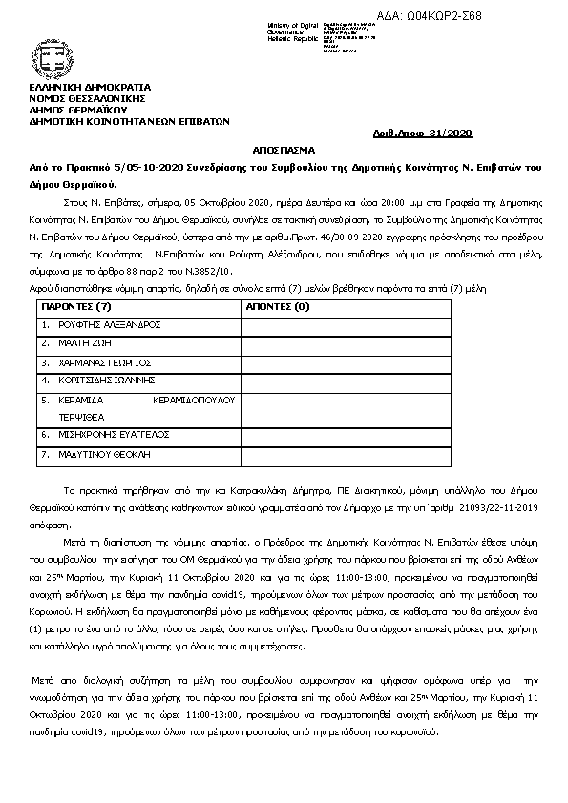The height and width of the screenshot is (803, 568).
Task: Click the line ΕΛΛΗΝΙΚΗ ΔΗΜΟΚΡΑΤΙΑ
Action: click(84, 88)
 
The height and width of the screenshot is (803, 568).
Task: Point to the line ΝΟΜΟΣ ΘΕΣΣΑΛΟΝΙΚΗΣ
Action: click(86, 98)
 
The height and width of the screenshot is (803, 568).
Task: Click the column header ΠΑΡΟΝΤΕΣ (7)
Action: click(76, 307)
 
